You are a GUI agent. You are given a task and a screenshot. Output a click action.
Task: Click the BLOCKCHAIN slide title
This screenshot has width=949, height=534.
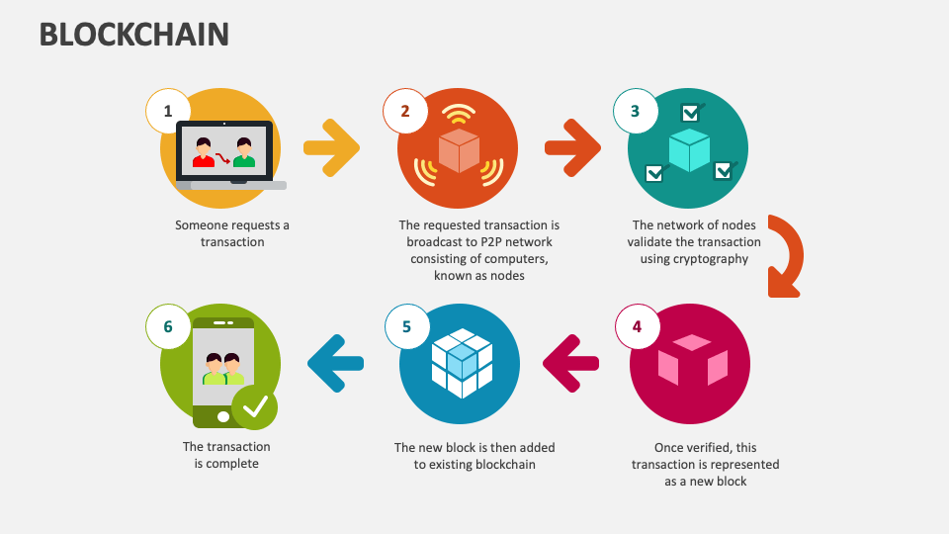pyautogui.click(x=134, y=35)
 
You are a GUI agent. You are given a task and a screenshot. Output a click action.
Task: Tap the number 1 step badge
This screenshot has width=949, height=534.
pyautogui.click(x=168, y=111)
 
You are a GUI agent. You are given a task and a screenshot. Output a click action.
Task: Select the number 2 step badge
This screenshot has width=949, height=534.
pyautogui.click(x=405, y=111)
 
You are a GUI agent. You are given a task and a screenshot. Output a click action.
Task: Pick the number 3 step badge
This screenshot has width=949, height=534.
pyautogui.click(x=636, y=111)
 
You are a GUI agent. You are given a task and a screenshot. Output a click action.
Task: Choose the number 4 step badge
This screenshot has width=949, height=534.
pyautogui.click(x=637, y=326)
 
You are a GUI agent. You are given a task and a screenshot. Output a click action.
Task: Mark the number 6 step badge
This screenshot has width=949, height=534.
pyautogui.click(x=168, y=326)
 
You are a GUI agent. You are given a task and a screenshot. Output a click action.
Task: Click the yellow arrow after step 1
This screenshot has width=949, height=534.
pyautogui.click(x=331, y=147)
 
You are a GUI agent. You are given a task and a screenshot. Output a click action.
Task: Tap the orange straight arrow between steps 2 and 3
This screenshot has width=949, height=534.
pyautogui.click(x=572, y=147)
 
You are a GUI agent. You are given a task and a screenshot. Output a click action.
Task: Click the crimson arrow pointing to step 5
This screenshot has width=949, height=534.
pyautogui.click(x=571, y=363)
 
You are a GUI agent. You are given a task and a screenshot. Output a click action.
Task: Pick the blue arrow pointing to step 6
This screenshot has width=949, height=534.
pyautogui.click(x=336, y=363)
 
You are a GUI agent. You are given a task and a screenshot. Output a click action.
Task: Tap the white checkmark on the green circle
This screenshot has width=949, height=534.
pyautogui.click(x=255, y=405)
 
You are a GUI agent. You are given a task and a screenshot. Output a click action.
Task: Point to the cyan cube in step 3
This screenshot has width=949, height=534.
pyautogui.click(x=688, y=148)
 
